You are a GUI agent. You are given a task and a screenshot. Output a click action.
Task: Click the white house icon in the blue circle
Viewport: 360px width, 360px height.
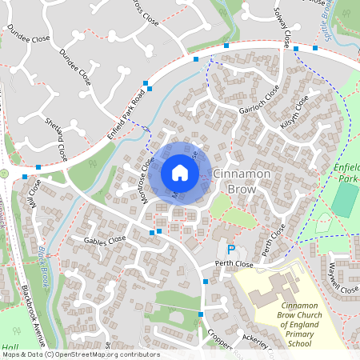pyautogui.click(x=180, y=172)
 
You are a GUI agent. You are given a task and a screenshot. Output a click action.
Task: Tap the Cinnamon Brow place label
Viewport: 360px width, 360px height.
pyautogui.click(x=242, y=181)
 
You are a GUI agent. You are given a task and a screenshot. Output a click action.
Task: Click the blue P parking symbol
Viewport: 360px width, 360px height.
pyautogui.click(x=231, y=250)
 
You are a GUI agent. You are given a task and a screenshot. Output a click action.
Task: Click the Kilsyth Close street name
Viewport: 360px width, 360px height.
pyautogui.click(x=294, y=118)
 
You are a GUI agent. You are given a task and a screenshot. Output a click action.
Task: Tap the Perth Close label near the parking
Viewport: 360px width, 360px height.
pyautogui.click(x=234, y=263)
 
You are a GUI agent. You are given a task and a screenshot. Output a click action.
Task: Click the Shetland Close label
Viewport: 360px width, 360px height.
pyautogui.click(x=57, y=138)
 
